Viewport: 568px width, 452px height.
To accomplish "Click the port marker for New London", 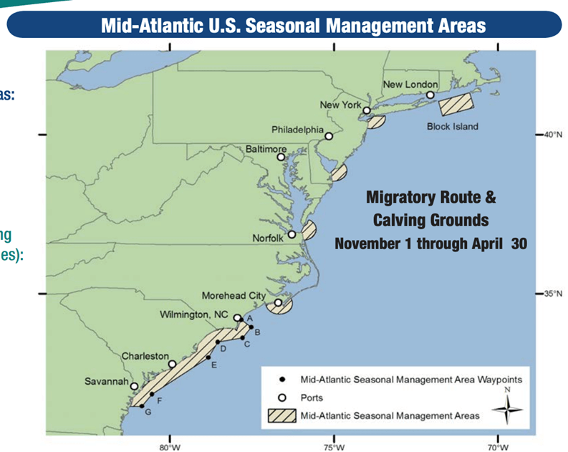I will click(x=430, y=95).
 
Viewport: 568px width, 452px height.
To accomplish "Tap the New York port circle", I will click(x=367, y=110).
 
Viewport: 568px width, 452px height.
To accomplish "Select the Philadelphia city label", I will click(x=297, y=130).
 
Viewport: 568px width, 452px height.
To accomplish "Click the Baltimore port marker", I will click(x=281, y=157).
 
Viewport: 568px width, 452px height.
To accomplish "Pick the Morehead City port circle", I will click(x=278, y=302).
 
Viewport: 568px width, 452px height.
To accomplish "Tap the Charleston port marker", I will click(x=172, y=364).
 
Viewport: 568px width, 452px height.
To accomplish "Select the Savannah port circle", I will click(x=134, y=386).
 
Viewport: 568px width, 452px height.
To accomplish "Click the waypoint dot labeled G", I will click(x=141, y=406).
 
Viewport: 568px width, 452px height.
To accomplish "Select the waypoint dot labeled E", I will click(x=208, y=357).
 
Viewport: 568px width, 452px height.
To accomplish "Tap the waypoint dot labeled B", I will click(x=251, y=327).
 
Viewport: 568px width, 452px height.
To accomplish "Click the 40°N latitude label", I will click(x=552, y=135).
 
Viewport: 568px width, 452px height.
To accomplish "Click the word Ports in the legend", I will click(x=312, y=397).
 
